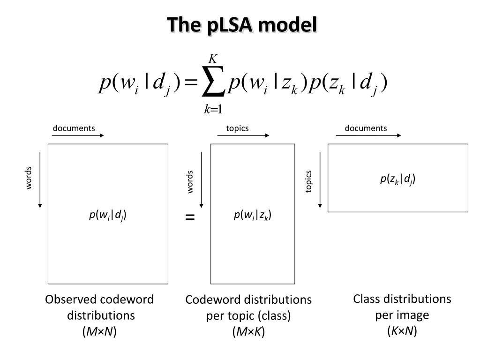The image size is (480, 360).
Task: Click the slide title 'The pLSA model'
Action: pyautogui.click(x=242, y=24)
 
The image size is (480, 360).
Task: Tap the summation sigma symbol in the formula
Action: pyautogui.click(x=212, y=84)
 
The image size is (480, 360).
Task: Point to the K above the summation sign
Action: pyautogui.click(x=213, y=60)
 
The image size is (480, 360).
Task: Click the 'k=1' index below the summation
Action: pyautogui.click(x=213, y=110)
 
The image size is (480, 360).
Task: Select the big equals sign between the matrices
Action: pyautogui.click(x=190, y=217)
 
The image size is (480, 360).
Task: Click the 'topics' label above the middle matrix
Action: pyautogui.click(x=237, y=128)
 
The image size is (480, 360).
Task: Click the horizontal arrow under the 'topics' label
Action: pyautogui.click(x=243, y=136)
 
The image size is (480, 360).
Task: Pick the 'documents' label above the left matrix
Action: pyautogui.click(x=74, y=128)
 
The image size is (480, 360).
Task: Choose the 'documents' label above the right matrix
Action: pyautogui.click(x=366, y=128)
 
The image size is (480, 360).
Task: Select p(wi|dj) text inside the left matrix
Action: pyautogui.click(x=108, y=215)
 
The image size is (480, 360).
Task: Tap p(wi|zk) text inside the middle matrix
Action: pyautogui.click(x=253, y=215)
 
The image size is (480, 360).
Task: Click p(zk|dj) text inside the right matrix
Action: pyautogui.click(x=397, y=179)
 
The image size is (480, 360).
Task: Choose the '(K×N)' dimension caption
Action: pyautogui.click(x=402, y=331)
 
